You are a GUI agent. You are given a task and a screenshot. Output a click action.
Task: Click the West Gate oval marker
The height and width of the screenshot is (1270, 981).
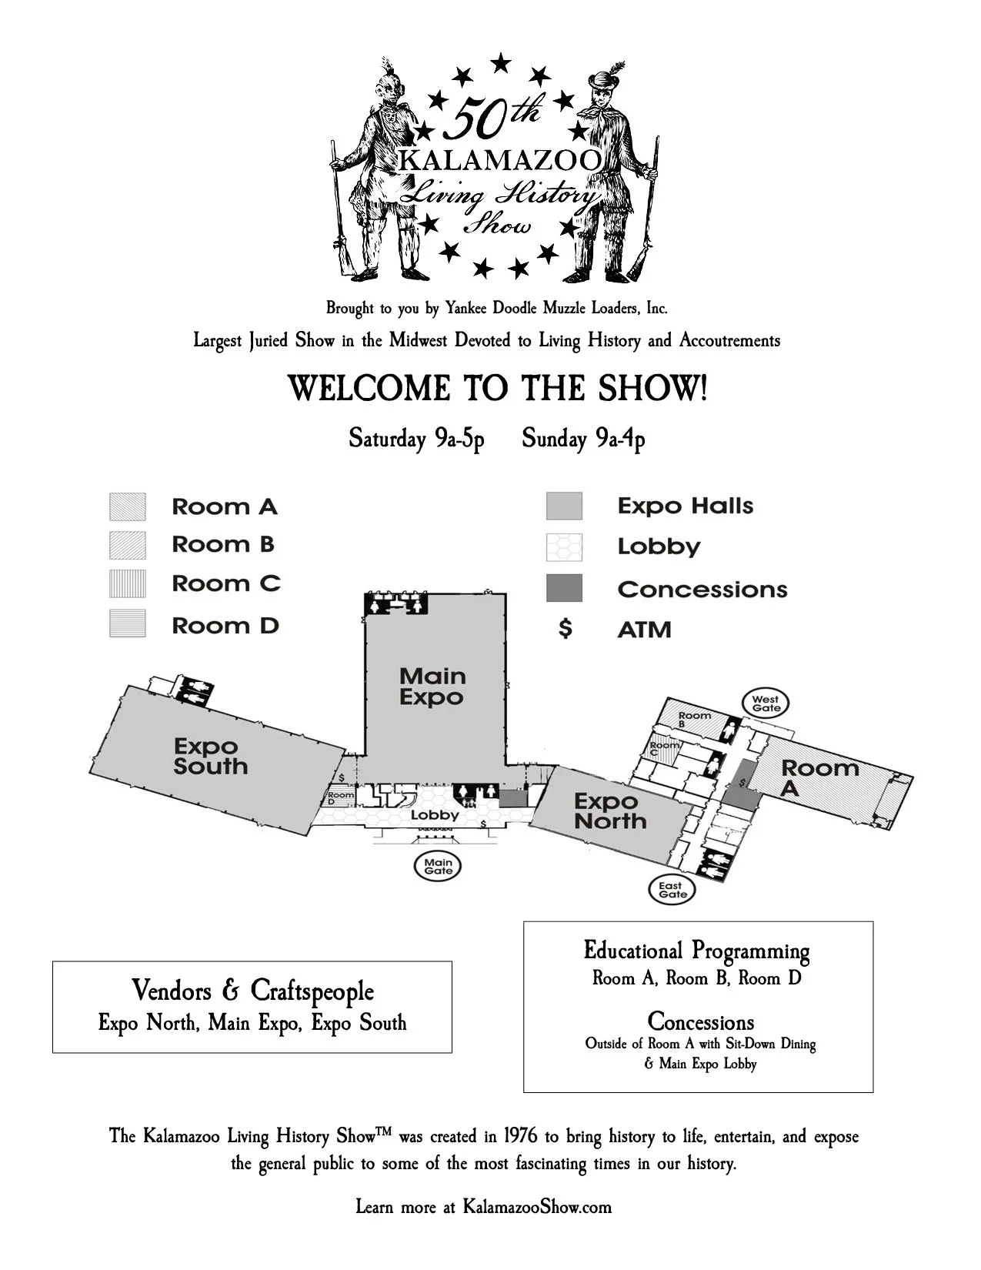tap(766, 703)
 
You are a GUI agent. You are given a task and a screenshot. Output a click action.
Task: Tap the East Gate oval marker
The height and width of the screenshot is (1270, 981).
tap(672, 889)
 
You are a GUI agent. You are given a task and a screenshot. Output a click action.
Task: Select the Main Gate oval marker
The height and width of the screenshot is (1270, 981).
tap(438, 866)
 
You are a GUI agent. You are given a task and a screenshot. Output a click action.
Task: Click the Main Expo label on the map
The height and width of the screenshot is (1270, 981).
tap(432, 687)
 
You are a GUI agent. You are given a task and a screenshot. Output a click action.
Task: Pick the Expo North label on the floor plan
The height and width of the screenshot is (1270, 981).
tap(610, 811)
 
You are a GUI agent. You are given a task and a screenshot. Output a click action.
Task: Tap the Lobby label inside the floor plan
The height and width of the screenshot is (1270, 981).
tap(434, 814)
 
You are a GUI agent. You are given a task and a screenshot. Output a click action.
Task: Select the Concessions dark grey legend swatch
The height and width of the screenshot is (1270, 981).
tap(564, 588)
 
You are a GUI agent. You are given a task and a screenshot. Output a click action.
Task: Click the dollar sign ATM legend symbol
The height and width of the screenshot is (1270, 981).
tap(566, 629)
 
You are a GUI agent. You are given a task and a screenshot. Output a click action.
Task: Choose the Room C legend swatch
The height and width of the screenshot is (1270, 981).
tap(127, 584)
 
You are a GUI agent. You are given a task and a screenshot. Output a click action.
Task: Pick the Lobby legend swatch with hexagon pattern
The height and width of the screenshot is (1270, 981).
tap(564, 547)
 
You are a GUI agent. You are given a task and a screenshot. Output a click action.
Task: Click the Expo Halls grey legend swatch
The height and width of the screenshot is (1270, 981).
tap(564, 506)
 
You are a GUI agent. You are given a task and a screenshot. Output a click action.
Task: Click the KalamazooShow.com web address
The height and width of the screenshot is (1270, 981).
tap(537, 1206)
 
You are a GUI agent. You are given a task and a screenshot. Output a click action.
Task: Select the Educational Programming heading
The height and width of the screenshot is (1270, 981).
tap(697, 951)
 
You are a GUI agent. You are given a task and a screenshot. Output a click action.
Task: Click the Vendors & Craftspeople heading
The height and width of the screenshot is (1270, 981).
tap(252, 991)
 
